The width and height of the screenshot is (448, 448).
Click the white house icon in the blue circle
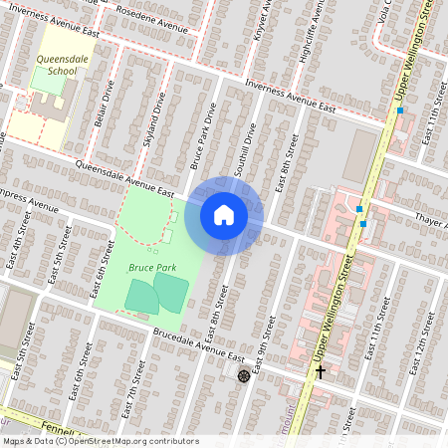point(224,215)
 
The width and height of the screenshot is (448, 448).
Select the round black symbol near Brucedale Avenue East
point(244,375)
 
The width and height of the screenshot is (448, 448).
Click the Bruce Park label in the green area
point(151,268)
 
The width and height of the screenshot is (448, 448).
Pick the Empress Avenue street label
point(30,197)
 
